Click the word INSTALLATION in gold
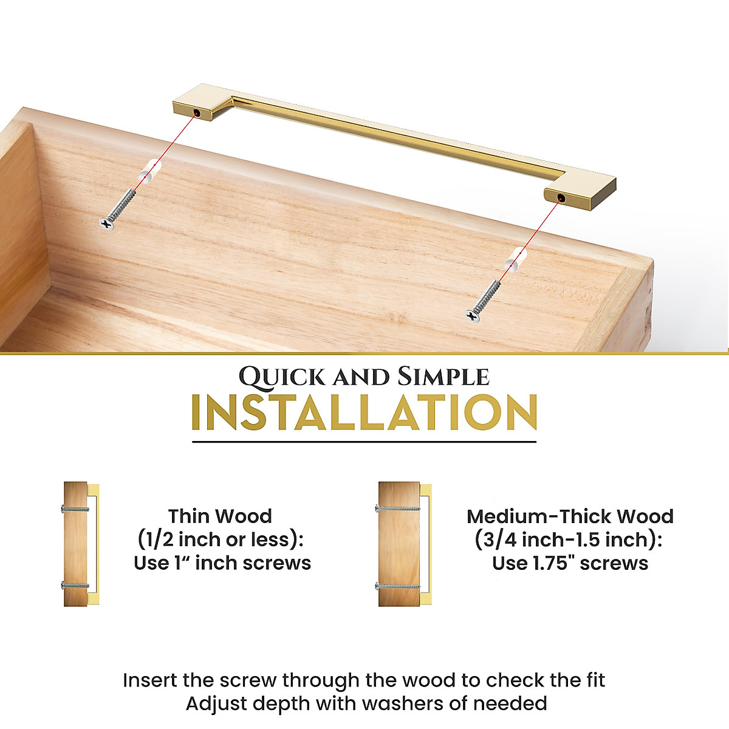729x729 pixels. tap(364, 413)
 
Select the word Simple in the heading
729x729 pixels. tap(443, 377)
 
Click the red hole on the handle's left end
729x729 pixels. tap(197, 114)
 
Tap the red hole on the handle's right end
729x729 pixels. tap(560, 198)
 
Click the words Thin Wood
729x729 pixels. tap(220, 516)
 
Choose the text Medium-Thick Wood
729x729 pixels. tap(570, 516)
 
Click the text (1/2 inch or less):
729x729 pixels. tap(220, 539)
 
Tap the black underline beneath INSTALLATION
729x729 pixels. tap(364, 442)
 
